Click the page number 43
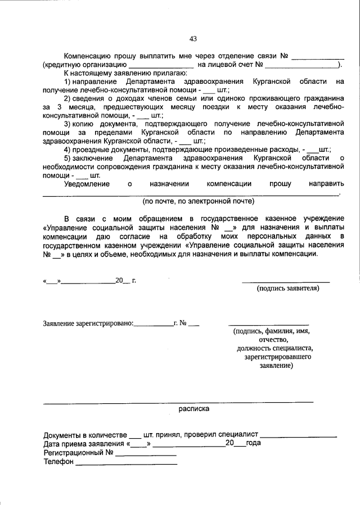click(193, 39)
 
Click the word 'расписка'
click(194, 409)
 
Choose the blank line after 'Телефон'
click(126, 463)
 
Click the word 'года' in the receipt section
click(253, 443)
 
